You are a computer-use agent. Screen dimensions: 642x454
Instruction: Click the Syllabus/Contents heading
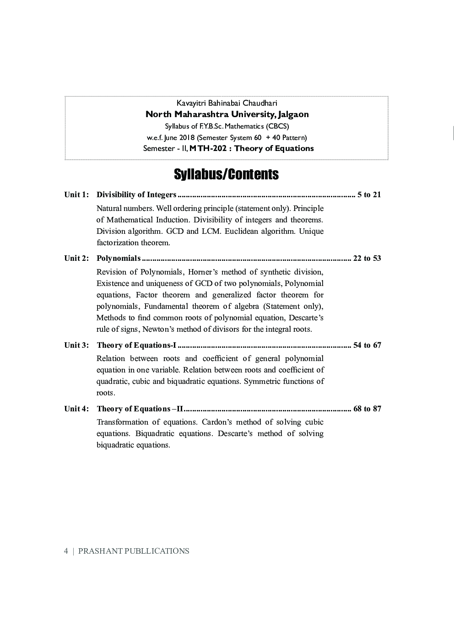click(226, 175)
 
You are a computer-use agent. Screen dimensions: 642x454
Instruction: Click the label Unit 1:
click(76, 195)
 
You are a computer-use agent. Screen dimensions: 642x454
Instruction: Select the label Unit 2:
click(76, 259)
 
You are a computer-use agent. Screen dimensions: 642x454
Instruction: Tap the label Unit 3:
click(76, 345)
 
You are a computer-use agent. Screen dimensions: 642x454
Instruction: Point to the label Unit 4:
click(76, 409)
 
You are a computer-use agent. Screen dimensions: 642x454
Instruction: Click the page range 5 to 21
click(369, 195)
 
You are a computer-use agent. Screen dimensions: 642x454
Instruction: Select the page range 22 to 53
click(367, 259)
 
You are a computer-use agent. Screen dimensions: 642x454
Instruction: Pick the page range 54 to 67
click(367, 345)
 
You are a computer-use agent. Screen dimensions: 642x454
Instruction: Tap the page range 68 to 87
click(367, 409)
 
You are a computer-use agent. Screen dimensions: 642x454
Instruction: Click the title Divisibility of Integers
click(136, 195)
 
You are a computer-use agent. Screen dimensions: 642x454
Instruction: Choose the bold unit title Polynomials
click(119, 259)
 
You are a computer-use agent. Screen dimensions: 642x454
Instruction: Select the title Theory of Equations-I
click(136, 345)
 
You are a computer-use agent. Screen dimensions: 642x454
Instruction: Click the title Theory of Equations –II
click(140, 409)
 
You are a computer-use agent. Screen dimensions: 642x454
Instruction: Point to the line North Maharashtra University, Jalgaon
click(227, 114)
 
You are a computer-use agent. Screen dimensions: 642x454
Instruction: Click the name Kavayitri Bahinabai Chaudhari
click(227, 103)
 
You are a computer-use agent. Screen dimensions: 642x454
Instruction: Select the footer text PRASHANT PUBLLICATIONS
click(134, 551)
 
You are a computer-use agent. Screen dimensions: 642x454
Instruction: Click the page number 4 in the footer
click(66, 551)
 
